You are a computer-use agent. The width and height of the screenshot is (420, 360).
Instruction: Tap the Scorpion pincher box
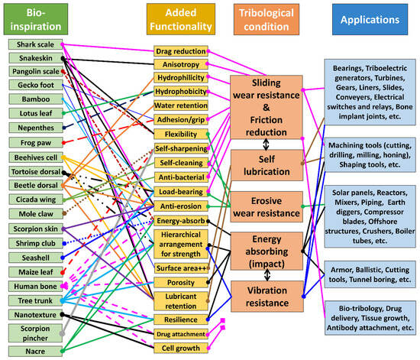(30, 332)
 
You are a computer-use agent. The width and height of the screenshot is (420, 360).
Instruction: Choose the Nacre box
(30, 352)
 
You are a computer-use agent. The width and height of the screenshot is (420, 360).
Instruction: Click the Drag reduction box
(180, 51)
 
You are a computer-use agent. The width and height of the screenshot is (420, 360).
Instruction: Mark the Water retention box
(180, 105)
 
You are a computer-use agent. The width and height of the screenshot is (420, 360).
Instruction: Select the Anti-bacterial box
(180, 177)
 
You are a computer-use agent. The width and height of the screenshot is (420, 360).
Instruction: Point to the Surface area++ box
(180, 268)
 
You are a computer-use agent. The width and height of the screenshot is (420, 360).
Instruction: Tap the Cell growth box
(180, 348)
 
